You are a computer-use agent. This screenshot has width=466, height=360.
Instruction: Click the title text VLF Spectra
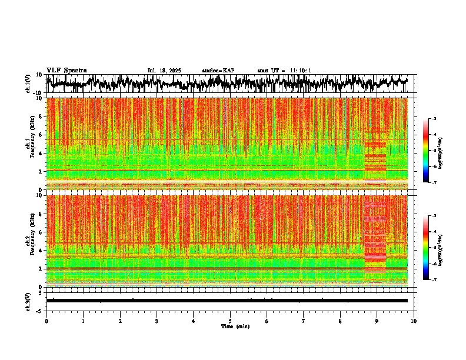pos(66,71)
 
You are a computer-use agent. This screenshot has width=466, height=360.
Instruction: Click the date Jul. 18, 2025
pos(164,71)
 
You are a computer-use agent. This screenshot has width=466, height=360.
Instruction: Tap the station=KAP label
pos(218,71)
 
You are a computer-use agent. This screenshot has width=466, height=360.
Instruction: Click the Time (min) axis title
pos(235,326)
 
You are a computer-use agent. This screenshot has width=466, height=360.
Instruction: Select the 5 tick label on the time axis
pos(230,321)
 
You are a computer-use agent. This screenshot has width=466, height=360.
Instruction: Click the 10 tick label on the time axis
pos(414,321)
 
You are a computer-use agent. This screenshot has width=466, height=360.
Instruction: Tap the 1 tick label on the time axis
pos(83,321)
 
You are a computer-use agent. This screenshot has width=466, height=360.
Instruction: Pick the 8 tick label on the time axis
pos(340,321)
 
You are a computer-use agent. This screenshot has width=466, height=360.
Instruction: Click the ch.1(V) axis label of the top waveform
pos(28,84)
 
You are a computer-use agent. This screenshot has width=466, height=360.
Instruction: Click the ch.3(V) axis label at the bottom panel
pos(28,301)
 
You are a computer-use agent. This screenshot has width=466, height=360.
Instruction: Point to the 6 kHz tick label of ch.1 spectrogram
pos(42,135)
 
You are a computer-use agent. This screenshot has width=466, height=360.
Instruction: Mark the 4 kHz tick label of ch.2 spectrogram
pos(42,250)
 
